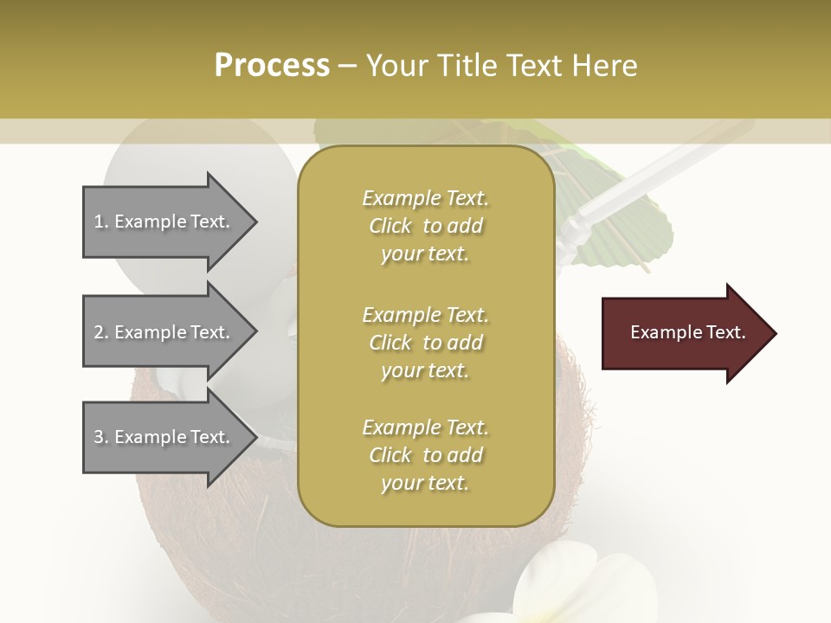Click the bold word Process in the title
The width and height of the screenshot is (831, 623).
[272, 66]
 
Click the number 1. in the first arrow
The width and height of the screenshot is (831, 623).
[100, 222]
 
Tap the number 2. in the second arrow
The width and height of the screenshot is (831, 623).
[100, 332]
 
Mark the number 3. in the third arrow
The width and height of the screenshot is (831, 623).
[100, 437]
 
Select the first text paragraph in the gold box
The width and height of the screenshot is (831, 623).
[425, 226]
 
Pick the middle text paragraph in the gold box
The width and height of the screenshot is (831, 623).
[425, 343]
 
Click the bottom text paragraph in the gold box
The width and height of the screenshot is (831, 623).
[425, 455]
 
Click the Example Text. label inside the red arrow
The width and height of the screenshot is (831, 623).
[688, 332]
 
